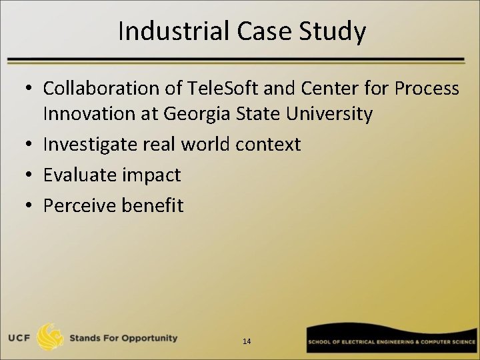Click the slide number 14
[247, 341]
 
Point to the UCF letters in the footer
[17, 338]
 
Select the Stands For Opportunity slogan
[124, 338]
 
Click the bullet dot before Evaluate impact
[31, 175]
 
